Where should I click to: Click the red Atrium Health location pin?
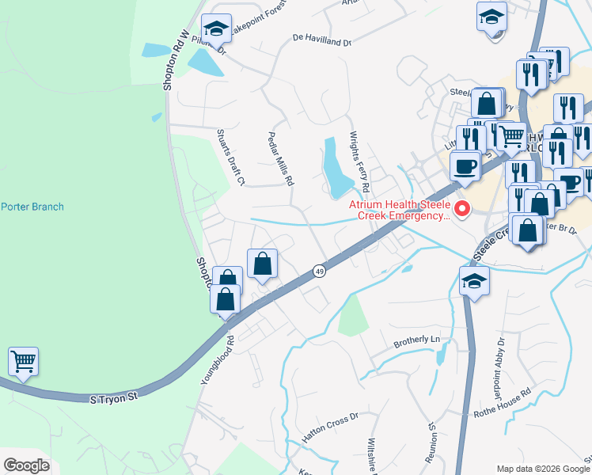461,210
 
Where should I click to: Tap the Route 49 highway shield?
318,271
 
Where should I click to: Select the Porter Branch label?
32,207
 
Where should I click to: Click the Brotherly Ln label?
416,342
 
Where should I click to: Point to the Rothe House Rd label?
502,403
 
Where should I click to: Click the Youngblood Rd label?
218,360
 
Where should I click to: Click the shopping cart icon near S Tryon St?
24,362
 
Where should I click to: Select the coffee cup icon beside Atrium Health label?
465,166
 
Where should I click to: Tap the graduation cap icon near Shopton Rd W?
215,29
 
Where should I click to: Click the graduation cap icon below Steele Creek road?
474,281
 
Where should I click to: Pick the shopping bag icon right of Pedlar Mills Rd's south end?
263,264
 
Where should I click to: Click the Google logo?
26,465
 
